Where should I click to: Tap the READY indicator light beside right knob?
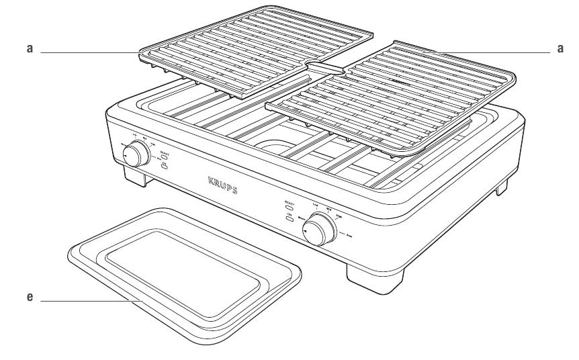290,208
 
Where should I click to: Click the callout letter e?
28,296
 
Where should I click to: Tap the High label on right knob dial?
337,216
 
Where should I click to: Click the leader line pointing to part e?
87,302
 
